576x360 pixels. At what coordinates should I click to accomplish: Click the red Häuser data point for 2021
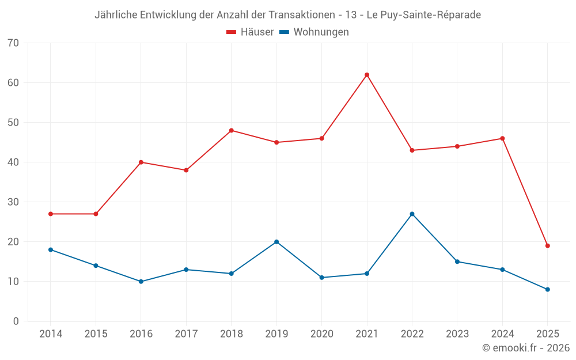click(366, 75)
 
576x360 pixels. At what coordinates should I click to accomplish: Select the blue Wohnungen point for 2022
click(412, 214)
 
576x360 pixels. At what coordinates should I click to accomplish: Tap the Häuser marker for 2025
click(547, 245)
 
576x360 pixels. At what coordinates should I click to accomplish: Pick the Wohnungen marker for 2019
click(276, 242)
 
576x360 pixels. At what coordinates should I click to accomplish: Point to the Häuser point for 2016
click(141, 162)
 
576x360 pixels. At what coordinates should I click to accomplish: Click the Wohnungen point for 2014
click(51, 249)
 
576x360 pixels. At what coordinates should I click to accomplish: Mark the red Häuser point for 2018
click(231, 130)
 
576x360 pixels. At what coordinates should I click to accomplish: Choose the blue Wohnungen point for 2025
click(547, 289)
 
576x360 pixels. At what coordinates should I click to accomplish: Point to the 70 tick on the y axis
click(13, 43)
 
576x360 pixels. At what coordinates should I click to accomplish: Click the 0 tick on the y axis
click(16, 321)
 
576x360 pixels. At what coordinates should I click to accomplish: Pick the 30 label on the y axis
click(13, 202)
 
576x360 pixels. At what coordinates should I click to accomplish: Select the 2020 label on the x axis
click(321, 334)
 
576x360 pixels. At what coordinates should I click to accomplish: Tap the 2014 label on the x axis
click(51, 334)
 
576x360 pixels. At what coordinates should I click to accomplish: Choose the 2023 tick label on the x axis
click(457, 334)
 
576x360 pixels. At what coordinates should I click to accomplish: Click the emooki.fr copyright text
click(526, 348)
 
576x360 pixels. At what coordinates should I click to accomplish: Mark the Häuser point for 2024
click(502, 138)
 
